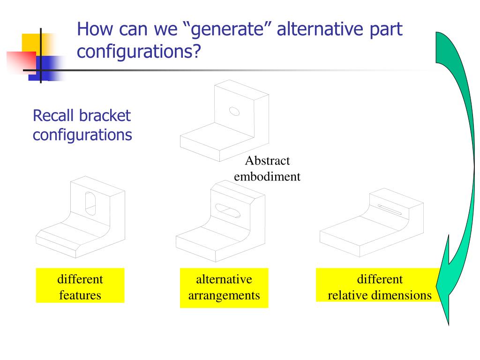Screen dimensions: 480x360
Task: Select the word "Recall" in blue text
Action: pos(53,115)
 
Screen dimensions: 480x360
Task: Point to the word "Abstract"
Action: pos(267,161)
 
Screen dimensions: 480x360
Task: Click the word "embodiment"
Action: pos(267,177)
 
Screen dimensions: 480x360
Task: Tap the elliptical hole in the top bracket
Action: pos(233,111)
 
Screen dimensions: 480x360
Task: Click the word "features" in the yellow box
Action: pos(80,295)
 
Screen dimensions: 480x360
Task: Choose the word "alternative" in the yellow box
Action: pos(224,279)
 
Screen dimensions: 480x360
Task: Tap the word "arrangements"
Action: pos(224,295)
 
